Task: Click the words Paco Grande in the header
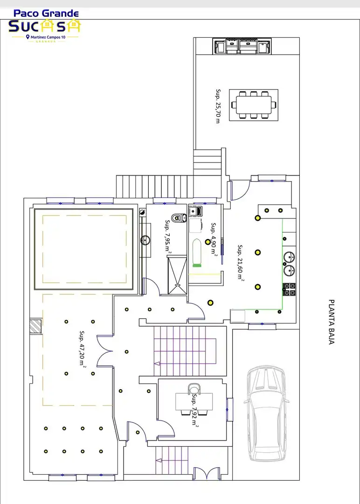(46, 14)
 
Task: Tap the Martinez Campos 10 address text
(48, 37)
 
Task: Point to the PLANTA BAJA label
(332, 322)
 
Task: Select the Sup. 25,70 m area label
(218, 106)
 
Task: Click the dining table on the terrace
(254, 105)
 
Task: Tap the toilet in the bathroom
(179, 218)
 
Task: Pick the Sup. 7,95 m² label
(168, 236)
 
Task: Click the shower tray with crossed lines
(177, 275)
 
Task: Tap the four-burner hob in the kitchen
(290, 289)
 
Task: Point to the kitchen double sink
(289, 264)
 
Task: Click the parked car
(266, 413)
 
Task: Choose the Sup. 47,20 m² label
(83, 348)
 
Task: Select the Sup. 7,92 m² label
(194, 409)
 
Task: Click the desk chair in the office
(194, 389)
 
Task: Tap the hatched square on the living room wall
(35, 327)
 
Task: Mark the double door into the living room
(105, 350)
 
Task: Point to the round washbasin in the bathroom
(145, 240)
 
